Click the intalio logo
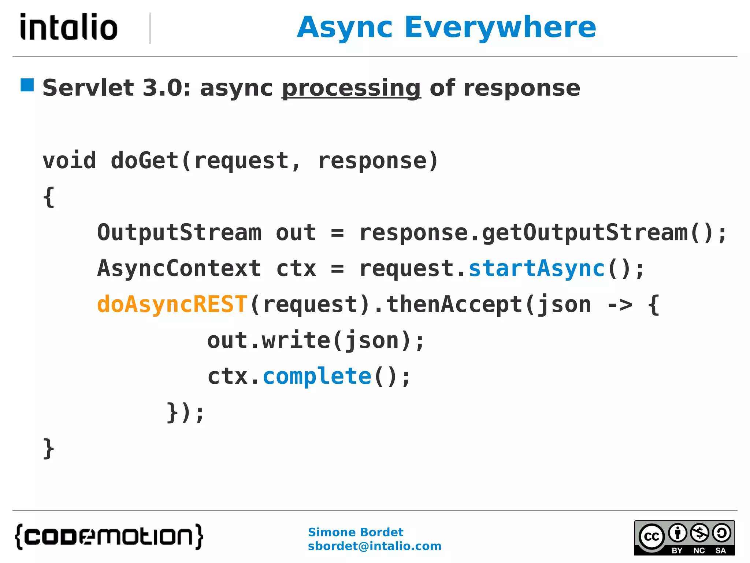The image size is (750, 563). click(69, 27)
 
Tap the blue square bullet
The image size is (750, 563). click(27, 85)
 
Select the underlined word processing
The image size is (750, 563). click(351, 88)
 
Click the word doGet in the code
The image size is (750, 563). click(144, 161)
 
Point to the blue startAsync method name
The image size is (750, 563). click(536, 268)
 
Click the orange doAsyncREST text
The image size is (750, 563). click(172, 304)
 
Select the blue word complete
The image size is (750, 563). click(317, 376)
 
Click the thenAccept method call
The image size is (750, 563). click(454, 304)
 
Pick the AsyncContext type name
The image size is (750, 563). click(179, 268)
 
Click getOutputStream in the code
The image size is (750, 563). click(585, 233)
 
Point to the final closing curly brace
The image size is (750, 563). click(49, 449)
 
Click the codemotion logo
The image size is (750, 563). click(109, 537)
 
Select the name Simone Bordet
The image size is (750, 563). click(355, 532)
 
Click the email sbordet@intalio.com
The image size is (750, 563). click(374, 546)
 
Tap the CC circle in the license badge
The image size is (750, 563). click(651, 537)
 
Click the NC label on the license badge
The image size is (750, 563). click(699, 551)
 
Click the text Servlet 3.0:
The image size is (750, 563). click(116, 88)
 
